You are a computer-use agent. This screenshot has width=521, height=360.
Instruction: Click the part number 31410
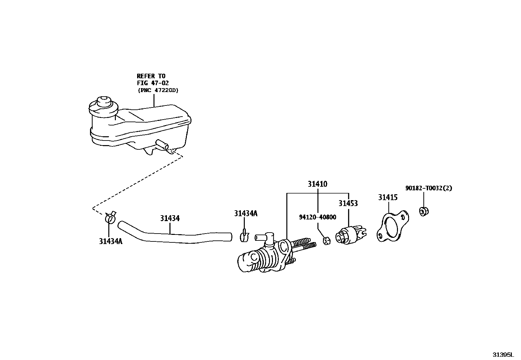click(x=317, y=184)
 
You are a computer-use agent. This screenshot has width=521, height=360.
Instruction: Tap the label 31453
click(x=348, y=203)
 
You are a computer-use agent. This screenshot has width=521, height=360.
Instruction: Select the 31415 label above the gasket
click(x=388, y=198)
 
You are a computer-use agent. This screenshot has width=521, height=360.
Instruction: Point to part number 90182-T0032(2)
click(x=428, y=188)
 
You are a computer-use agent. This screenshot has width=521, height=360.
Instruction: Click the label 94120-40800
click(x=317, y=217)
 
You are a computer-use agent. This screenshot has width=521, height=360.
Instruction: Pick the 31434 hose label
click(x=170, y=218)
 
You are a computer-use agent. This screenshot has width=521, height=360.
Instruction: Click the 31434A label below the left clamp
click(x=111, y=241)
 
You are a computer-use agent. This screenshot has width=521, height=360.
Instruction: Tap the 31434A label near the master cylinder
click(x=245, y=214)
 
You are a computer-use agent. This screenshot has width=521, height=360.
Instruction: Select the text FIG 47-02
click(x=153, y=83)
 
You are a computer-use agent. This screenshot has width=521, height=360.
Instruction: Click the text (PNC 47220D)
click(x=158, y=90)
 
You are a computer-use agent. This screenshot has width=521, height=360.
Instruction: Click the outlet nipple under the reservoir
click(x=163, y=145)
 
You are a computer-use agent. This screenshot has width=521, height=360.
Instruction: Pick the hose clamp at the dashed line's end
click(x=110, y=218)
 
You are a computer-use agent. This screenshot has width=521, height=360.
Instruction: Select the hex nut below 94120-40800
click(x=326, y=241)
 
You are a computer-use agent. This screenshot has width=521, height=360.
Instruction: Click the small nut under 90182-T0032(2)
click(x=424, y=211)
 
